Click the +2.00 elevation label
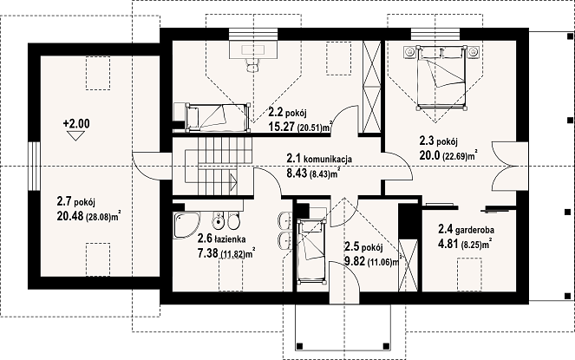76,124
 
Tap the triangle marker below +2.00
76,136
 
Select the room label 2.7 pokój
76,202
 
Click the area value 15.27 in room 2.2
282,127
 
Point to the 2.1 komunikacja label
319,159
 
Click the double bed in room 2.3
442,77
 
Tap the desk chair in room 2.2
252,66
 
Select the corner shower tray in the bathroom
186,225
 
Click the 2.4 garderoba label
466,230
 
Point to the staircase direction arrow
233,182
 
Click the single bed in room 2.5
311,252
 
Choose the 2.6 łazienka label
221,239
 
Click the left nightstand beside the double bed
409,52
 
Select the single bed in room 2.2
218,117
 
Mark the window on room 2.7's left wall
34,166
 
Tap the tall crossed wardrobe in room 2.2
371,87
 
